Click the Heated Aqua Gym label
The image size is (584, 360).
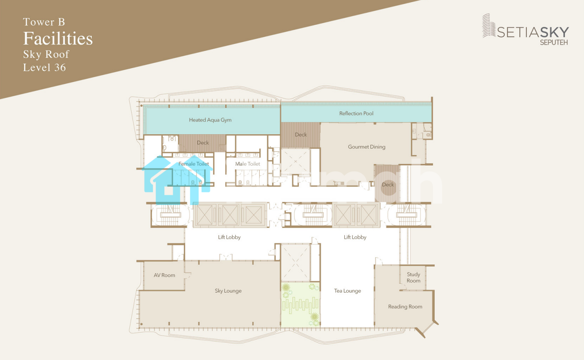tap(210, 120)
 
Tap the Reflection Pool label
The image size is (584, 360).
tap(356, 113)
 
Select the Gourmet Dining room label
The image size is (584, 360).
tap(366, 147)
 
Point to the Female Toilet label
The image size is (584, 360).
tap(194, 164)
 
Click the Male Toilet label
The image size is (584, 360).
tap(248, 164)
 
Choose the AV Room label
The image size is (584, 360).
tap(164, 275)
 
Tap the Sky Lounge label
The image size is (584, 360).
tap(228, 291)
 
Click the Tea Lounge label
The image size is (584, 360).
tap(347, 291)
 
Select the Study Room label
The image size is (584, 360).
tap(413, 278)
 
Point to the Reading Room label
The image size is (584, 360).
tap(405, 307)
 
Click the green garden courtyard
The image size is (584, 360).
tap(300, 305)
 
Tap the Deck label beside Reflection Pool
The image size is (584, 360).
tap(300, 135)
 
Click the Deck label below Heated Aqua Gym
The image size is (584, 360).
tap(202, 143)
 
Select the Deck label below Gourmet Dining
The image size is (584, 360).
tap(388, 185)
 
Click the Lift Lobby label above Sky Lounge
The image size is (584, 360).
tap(229, 237)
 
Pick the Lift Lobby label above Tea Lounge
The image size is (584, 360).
tap(355, 237)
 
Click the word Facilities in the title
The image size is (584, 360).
tap(58, 39)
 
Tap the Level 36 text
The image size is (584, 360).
tap(44, 68)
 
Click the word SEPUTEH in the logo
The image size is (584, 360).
tap(554, 43)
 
